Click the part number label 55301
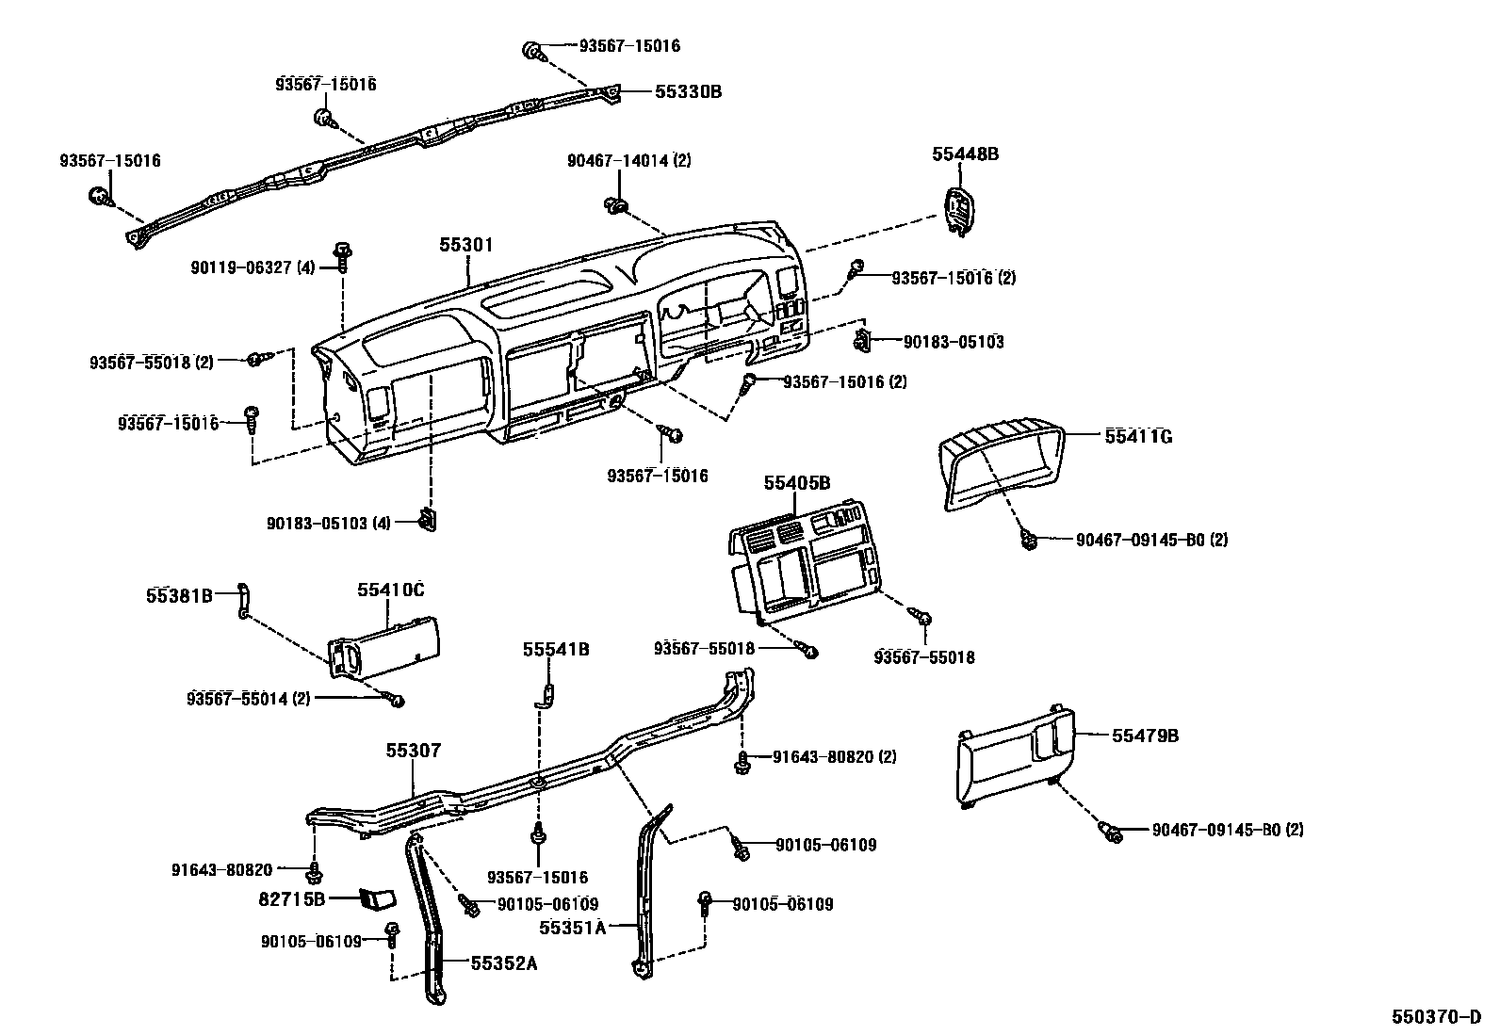click(x=466, y=244)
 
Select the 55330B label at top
click(x=688, y=91)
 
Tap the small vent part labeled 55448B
click(x=958, y=208)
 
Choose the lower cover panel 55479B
click(x=1013, y=758)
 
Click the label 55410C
click(x=390, y=590)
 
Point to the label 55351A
click(x=572, y=927)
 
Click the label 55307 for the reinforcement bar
click(x=413, y=751)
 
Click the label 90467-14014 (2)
click(x=628, y=161)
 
